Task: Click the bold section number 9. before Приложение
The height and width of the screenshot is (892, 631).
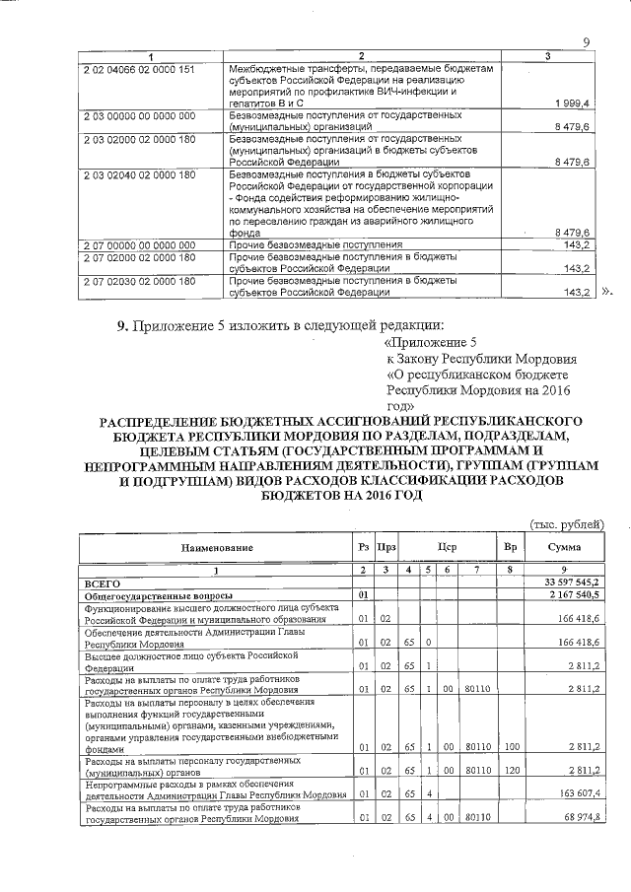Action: pos(123,326)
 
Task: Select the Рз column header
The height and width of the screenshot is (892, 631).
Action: pos(364,547)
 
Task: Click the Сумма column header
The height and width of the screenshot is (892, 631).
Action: pos(564,547)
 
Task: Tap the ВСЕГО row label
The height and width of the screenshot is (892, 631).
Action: pos(103,583)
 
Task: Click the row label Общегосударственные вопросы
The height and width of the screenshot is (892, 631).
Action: pos(159,596)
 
